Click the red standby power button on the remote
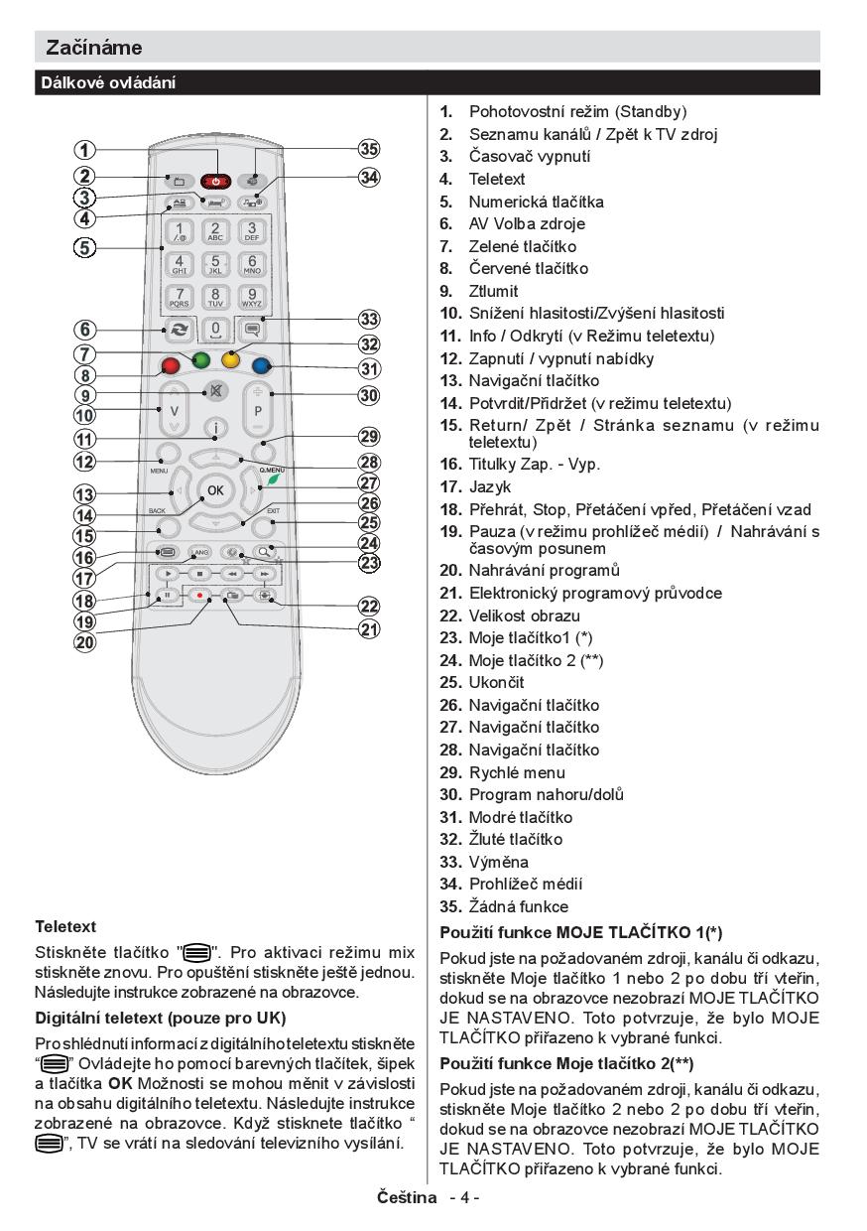pyautogui.click(x=214, y=182)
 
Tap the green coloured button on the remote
pyautogui.click(x=202, y=360)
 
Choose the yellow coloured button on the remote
pyautogui.click(x=231, y=359)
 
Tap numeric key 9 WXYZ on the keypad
pyautogui.click(x=252, y=298)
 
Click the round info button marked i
pyautogui.click(x=215, y=428)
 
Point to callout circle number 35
pyautogui.click(x=369, y=150)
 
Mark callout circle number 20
pyautogui.click(x=85, y=641)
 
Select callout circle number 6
pyautogui.click(x=85, y=330)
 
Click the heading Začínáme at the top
pyautogui.click(x=94, y=47)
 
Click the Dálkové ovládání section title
pyautogui.click(x=108, y=83)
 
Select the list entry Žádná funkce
pyautogui.click(x=518, y=906)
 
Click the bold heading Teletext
pyautogui.click(x=65, y=926)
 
